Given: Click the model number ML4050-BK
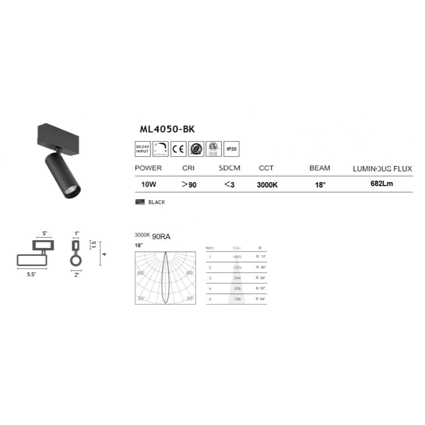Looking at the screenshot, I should pyautogui.click(x=167, y=129).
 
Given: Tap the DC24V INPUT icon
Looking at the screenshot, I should pyautogui.click(x=143, y=149).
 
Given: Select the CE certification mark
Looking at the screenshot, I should pyautogui.click(x=178, y=149).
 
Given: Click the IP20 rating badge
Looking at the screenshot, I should pyautogui.click(x=231, y=149).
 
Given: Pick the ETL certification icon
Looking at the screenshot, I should pyautogui.click(x=214, y=149).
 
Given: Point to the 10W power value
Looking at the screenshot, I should pyautogui.click(x=148, y=184).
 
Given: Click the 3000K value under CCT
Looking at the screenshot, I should pyautogui.click(x=267, y=185).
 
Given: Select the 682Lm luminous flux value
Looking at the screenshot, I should pyautogui.click(x=381, y=184).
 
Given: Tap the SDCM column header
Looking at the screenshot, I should pyautogui.click(x=229, y=168).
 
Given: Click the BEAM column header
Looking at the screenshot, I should pyautogui.click(x=320, y=168).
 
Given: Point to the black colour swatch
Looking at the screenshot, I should pyautogui.click(x=140, y=202).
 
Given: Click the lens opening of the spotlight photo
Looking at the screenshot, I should pyautogui.click(x=73, y=190).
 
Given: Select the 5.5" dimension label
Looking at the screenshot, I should pyautogui.click(x=31, y=274).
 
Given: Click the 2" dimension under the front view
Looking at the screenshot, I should pyautogui.click(x=77, y=275).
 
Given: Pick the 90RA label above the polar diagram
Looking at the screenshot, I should pyautogui.click(x=161, y=237).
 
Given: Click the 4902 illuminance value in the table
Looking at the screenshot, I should pyautogui.click(x=237, y=257).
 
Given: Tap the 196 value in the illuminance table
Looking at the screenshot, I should pyautogui.click(x=237, y=299).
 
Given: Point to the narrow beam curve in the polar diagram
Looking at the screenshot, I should pyautogui.click(x=165, y=278).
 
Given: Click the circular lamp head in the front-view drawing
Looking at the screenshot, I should pyautogui.click(x=76, y=261).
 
